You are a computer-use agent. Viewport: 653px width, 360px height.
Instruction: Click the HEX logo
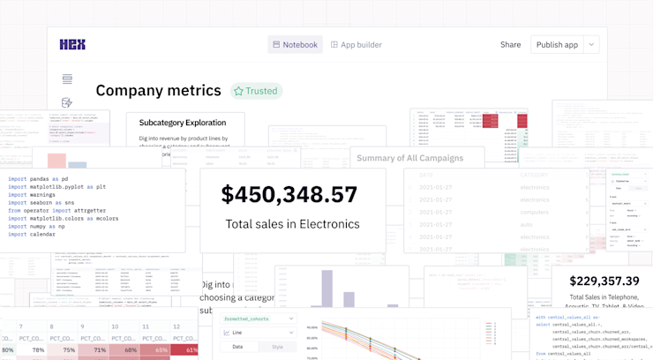tap(72, 45)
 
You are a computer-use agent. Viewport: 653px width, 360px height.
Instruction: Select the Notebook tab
tap(295, 45)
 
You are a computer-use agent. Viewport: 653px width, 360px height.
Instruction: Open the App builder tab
tap(357, 45)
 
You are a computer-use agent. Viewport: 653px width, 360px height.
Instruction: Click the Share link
tap(510, 45)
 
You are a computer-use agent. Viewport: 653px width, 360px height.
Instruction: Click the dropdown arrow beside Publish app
tap(592, 45)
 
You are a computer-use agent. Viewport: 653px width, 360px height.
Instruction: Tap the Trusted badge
tap(256, 91)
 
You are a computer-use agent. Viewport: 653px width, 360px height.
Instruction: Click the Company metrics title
tap(158, 91)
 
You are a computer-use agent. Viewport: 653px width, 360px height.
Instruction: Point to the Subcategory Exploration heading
tap(183, 123)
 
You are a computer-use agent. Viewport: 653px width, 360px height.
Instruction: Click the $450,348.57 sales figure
tap(289, 195)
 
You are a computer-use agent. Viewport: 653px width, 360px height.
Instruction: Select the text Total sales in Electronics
tap(292, 224)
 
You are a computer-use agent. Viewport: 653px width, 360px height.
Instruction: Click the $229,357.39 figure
tap(604, 281)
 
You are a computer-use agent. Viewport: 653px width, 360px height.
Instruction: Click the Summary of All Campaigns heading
tap(409, 158)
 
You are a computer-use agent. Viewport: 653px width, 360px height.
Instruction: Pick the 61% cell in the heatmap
tap(185, 350)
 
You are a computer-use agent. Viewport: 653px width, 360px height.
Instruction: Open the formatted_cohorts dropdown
tap(258, 319)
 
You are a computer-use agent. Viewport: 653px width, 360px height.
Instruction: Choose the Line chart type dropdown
tap(258, 333)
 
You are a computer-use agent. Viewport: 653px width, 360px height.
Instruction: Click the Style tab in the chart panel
tap(277, 347)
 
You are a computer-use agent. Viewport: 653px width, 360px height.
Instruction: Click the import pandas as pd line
tap(38, 179)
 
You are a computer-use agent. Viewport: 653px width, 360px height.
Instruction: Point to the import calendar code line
tap(32, 235)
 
